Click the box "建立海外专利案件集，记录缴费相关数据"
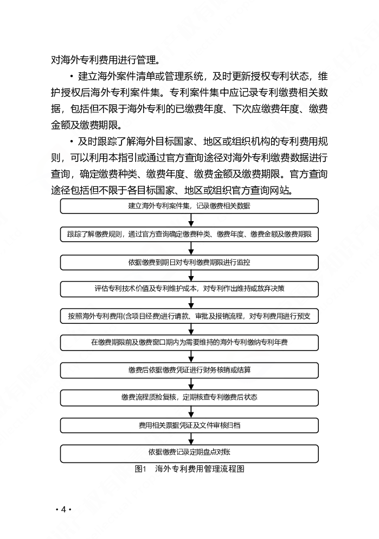(189, 206)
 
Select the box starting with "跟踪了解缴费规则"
(189, 234)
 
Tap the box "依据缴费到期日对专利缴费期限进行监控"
(189, 262)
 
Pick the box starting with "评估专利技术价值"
(189, 289)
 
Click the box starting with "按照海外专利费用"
(189, 316)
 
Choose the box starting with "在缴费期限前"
(189, 343)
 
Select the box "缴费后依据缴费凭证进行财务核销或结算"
(189, 370)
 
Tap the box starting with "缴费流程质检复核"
(189, 398)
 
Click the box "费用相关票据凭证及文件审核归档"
(189, 425)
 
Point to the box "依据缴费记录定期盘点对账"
(189, 453)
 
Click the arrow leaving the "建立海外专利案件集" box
(191, 221)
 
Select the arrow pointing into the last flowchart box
(191, 439)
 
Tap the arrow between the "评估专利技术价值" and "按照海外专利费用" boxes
(191, 303)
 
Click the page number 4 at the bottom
(63, 509)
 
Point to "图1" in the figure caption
(140, 469)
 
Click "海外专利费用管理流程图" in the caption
(200, 469)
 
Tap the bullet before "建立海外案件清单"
(72, 76)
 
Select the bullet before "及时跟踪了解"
(72, 142)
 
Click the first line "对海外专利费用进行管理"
(105, 60)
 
